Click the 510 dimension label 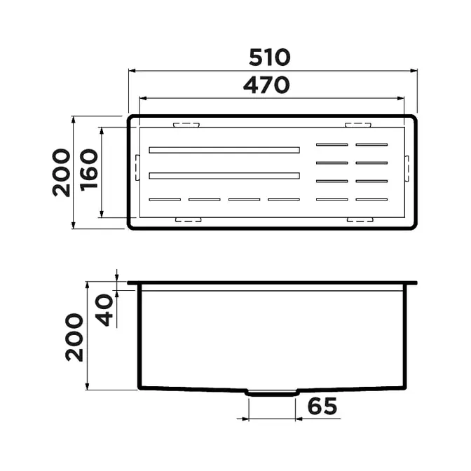pos(269,57)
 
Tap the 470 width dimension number pos(266,85)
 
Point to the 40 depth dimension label pos(104,310)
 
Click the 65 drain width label pos(322,406)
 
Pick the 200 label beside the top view pos(61,172)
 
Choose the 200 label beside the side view pos(74,337)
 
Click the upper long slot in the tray pos(224,150)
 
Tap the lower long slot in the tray pos(224,175)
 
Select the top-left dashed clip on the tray pos(186,125)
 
